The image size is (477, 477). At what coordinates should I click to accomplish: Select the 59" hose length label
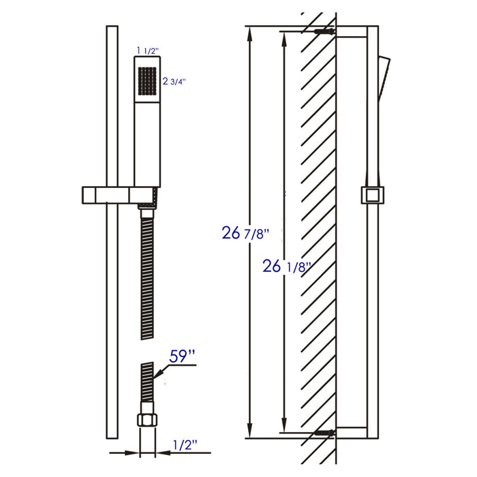click(183, 357)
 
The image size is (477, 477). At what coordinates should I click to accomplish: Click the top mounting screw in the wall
click(324, 32)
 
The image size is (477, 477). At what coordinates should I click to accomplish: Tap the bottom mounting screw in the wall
click(324, 432)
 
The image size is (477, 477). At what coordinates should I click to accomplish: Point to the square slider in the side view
click(372, 196)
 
